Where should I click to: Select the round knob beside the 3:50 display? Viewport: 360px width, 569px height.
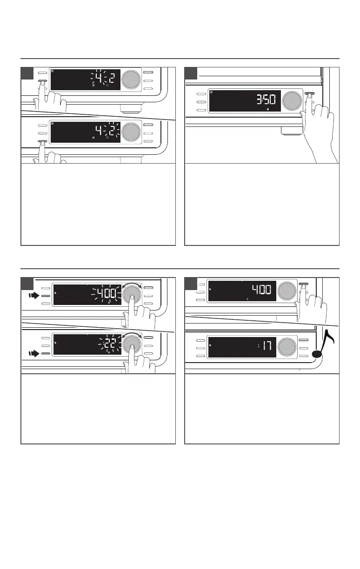[x=291, y=101]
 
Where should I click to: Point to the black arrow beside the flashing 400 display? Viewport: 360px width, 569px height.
[x=33, y=295]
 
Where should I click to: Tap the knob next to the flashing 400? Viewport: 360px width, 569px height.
[x=132, y=293]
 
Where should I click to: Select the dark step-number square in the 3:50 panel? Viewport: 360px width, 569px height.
[x=191, y=73]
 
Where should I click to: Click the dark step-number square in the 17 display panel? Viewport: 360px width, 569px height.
[x=191, y=283]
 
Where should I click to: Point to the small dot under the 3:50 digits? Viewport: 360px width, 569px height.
[x=268, y=110]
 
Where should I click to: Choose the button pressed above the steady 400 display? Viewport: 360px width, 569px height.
[x=304, y=284]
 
